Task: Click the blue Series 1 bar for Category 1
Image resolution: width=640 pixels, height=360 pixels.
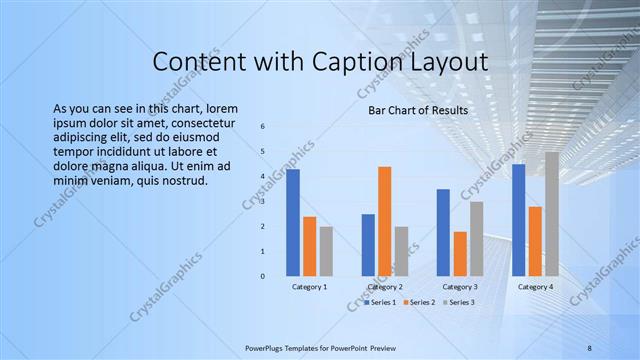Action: point(293,223)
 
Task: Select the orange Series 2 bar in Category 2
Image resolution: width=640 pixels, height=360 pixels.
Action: point(384,221)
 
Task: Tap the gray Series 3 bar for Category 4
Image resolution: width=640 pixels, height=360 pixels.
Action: point(551,214)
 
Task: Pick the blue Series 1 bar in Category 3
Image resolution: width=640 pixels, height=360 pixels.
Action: point(443,232)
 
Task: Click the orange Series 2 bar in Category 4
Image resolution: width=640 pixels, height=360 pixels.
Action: point(535,241)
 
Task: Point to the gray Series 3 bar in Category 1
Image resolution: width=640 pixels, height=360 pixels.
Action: point(326,251)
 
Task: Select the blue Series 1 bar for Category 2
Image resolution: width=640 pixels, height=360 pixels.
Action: point(368,245)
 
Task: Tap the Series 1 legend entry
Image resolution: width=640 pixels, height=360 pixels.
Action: point(381,302)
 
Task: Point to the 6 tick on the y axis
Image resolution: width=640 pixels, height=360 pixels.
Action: point(262,127)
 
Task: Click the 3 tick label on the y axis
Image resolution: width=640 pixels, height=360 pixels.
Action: point(262,201)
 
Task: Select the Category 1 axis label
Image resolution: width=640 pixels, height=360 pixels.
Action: point(309,287)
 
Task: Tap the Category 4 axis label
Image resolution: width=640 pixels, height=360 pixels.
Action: point(535,287)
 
